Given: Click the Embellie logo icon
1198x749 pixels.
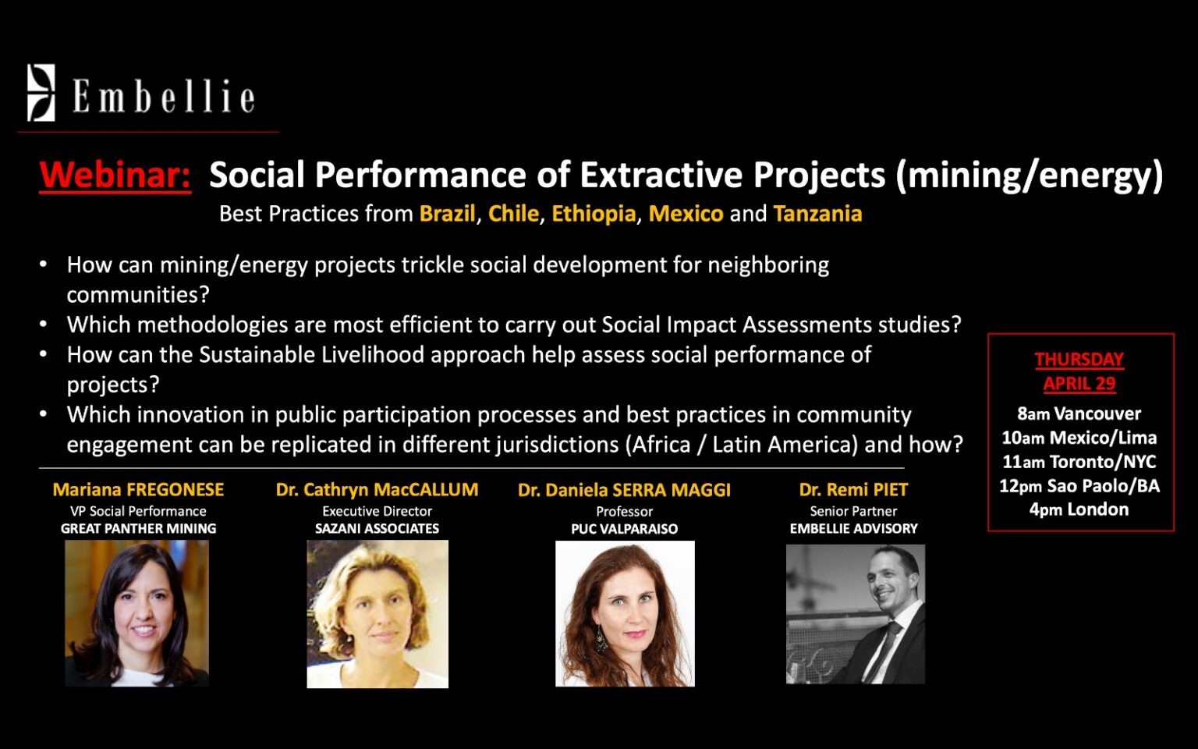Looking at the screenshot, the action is [41, 93].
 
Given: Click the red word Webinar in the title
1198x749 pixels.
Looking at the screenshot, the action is [115, 175].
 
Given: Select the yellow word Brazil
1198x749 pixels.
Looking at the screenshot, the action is [447, 214].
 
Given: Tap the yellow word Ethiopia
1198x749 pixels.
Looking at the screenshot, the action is [594, 215].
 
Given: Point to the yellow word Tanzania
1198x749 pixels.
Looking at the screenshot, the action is [817, 214].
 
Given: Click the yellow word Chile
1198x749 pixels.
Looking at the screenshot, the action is [513, 214].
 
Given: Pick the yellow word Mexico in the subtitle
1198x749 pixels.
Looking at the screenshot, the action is [686, 214].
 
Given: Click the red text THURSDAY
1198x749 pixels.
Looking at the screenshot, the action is [1079, 360].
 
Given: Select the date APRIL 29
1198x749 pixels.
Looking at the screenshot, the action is [1079, 384].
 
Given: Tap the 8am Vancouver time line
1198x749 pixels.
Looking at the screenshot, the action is [1079, 414].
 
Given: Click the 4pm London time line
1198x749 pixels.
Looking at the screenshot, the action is [1079, 509].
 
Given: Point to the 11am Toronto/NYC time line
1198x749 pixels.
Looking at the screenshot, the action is [1079, 462].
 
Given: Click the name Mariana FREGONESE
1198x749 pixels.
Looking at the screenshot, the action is [138, 489].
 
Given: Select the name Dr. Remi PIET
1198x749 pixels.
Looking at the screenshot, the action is [853, 489].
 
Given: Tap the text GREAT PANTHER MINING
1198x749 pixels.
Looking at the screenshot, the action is [138, 528].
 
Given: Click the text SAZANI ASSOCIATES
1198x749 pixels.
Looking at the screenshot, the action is [377, 528].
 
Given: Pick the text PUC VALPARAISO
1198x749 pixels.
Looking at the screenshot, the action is [624, 529].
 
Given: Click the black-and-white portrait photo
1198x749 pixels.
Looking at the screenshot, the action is [855, 614].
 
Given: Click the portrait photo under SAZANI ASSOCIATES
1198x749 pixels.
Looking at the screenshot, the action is [377, 614].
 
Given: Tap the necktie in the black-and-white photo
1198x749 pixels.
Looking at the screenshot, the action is [882, 650].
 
